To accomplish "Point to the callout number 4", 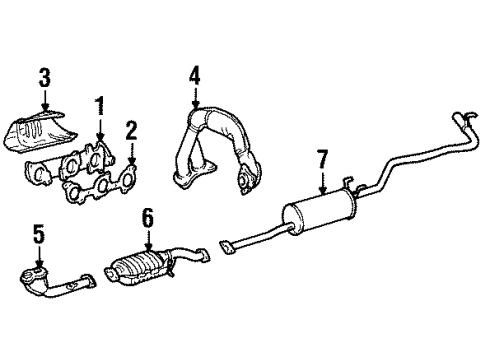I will point(194,74).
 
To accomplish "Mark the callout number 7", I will point(322,157).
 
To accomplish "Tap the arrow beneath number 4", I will point(194,98).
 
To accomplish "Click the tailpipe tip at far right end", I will point(464,121).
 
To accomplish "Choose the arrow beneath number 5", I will point(39,258).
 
